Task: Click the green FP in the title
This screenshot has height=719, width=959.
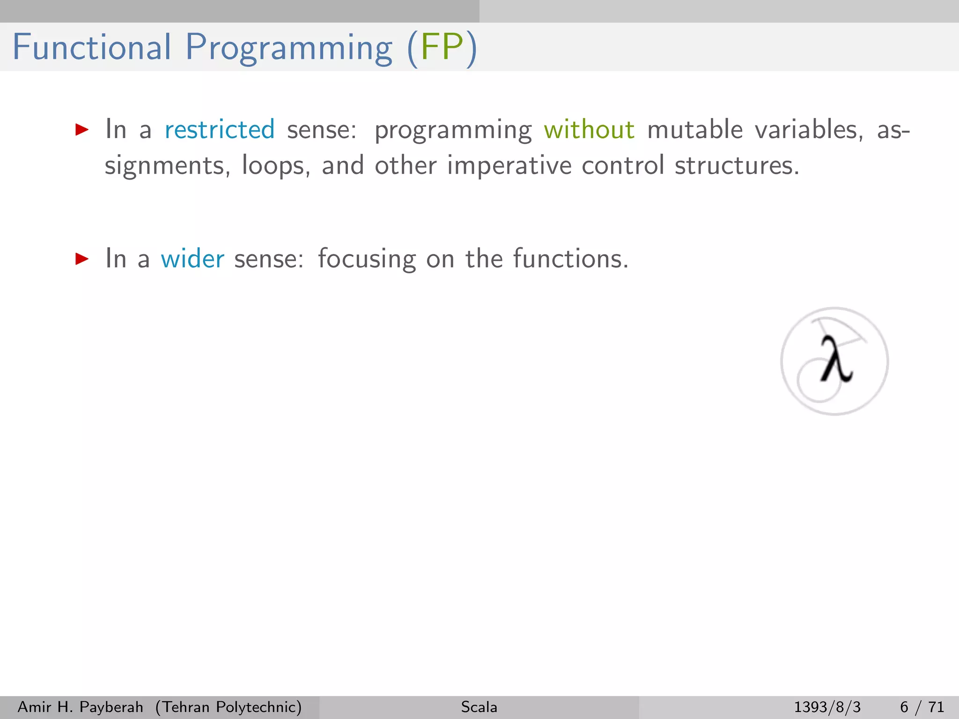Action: [442, 47]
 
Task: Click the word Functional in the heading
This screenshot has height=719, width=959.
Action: [92, 47]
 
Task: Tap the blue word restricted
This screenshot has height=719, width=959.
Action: [220, 129]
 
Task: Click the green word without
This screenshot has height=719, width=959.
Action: [589, 129]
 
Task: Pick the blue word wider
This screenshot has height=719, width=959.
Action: [192, 258]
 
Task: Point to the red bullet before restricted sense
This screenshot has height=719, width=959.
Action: [82, 130]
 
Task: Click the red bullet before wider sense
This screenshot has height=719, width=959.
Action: [82, 258]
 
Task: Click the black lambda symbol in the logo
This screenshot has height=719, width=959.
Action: [836, 359]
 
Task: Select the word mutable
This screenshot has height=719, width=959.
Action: [695, 129]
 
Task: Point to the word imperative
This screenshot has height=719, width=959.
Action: [509, 166]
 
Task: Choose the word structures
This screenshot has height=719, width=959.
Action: [737, 165]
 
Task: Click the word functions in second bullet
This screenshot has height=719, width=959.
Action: [570, 258]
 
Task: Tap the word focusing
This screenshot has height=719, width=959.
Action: [367, 259]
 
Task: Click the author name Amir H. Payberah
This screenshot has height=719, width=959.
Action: [80, 707]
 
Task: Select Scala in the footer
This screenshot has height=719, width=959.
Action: [479, 707]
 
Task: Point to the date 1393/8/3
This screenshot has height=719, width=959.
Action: [827, 707]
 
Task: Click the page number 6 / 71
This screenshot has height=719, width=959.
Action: [922, 707]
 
